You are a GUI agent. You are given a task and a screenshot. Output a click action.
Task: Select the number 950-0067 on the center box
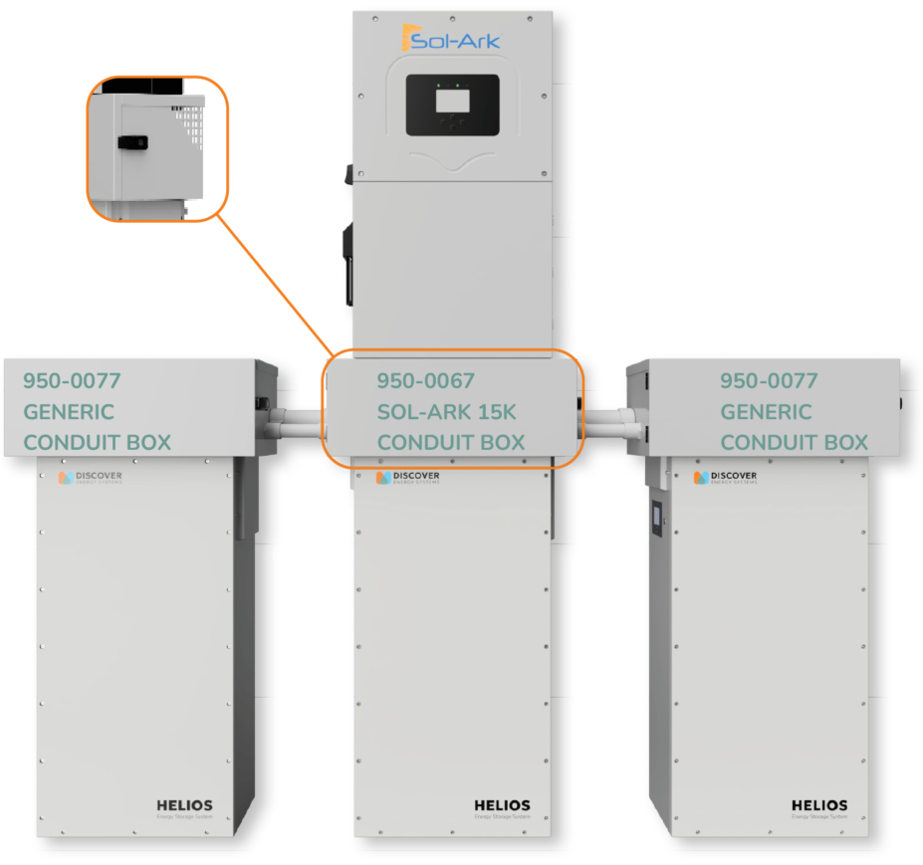click(425, 380)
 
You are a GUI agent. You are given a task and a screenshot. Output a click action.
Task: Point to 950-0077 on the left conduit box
click(72, 380)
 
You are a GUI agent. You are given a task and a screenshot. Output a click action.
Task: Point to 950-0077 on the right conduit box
click(769, 380)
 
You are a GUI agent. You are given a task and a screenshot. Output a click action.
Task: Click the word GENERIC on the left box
click(69, 412)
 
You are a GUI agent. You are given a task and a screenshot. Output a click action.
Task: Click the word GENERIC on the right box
click(766, 412)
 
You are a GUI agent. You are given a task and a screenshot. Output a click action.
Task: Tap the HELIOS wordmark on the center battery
click(502, 805)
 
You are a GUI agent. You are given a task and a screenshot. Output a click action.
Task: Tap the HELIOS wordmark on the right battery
click(819, 805)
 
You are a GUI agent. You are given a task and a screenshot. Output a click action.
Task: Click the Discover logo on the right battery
click(726, 478)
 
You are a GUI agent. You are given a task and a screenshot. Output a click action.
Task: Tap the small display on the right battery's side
click(657, 518)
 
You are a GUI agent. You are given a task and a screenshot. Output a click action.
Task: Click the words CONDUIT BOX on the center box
click(450, 443)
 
